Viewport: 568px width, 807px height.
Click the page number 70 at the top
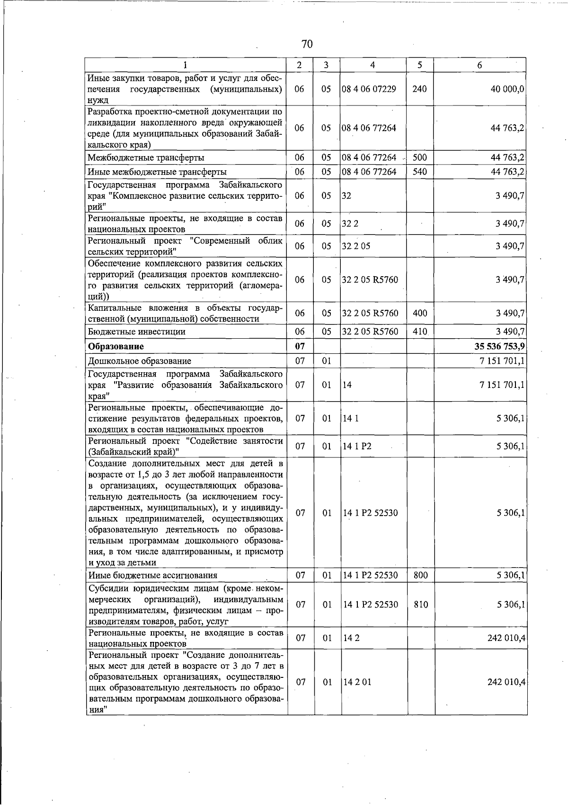307,44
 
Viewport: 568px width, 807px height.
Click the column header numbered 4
373,65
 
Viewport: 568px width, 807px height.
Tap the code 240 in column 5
419,89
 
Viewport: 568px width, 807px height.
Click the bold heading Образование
116,346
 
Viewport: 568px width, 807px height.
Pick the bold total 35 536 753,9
499,346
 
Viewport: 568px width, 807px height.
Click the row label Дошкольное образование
140,361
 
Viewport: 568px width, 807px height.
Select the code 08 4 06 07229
369,89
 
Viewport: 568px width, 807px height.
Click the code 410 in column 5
419,332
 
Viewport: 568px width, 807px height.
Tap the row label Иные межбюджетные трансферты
157,172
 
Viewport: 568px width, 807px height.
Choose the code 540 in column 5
419,172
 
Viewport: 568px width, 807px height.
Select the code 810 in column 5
420,605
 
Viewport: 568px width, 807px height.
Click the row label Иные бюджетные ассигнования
152,576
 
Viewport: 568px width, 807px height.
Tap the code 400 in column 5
419,313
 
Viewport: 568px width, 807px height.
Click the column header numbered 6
479,65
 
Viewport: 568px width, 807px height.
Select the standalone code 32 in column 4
346,195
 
